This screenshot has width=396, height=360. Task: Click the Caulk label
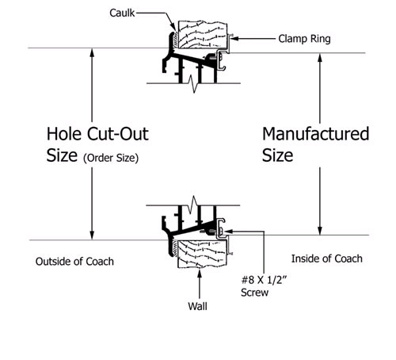pos(122,13)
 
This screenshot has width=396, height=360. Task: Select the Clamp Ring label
pos(304,39)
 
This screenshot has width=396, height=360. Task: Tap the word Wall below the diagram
pos(197,306)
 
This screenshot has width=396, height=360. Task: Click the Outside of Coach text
pos(74,262)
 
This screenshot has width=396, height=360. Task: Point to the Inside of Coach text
pos(327,259)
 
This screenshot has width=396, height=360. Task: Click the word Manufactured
pos(316,134)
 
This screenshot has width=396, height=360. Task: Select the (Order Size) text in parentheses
pos(111,158)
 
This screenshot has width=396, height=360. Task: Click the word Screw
pos(254,293)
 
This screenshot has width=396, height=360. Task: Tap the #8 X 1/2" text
pos(264,280)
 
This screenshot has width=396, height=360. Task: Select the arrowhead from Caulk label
pos(173,27)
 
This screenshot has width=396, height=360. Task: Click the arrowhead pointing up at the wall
pos(200,274)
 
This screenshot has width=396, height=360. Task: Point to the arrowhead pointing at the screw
pos(229,232)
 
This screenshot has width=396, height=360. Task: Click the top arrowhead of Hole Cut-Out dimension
pos(92,52)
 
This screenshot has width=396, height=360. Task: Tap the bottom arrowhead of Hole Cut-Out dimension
pos(92,236)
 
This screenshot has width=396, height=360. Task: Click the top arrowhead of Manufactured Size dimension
pos(320,58)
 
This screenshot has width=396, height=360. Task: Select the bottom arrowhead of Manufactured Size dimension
pos(320,231)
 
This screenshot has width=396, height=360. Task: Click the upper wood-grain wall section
pos(203,35)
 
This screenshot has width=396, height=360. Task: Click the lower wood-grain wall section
pos(202,254)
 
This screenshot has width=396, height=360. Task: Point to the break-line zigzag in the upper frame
pos(194,84)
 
